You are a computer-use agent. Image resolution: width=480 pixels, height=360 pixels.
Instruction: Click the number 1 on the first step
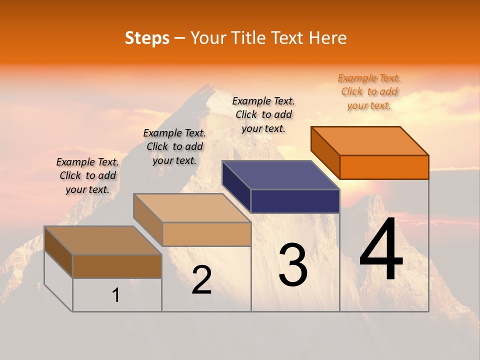[x=116, y=295]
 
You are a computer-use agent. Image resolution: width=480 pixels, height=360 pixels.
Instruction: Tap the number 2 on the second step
[x=201, y=280]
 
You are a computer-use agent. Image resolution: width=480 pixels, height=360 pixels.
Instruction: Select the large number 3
[x=293, y=264]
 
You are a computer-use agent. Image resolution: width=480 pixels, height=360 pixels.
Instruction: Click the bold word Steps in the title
[x=147, y=38]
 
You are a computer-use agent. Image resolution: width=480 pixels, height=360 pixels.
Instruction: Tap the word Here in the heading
[x=327, y=38]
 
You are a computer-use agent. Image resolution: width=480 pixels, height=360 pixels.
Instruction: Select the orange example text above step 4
[x=369, y=91]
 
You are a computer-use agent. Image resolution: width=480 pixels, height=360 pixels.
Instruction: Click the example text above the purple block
[x=263, y=114]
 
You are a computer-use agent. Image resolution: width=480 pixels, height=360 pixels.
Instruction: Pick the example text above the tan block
[x=174, y=146]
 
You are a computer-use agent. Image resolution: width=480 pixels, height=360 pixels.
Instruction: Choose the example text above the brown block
[x=87, y=175]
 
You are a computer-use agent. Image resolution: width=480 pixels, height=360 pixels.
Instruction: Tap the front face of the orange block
[x=384, y=167]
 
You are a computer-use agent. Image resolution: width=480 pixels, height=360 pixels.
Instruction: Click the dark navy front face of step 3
[x=295, y=201]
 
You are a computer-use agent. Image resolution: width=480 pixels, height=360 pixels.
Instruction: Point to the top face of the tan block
[x=192, y=207]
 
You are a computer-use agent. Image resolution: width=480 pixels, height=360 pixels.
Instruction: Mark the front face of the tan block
[x=206, y=234]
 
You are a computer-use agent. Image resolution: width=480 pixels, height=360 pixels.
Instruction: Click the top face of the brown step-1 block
[x=103, y=240]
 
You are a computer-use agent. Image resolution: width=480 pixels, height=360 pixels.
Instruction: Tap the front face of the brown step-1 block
[x=117, y=266]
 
